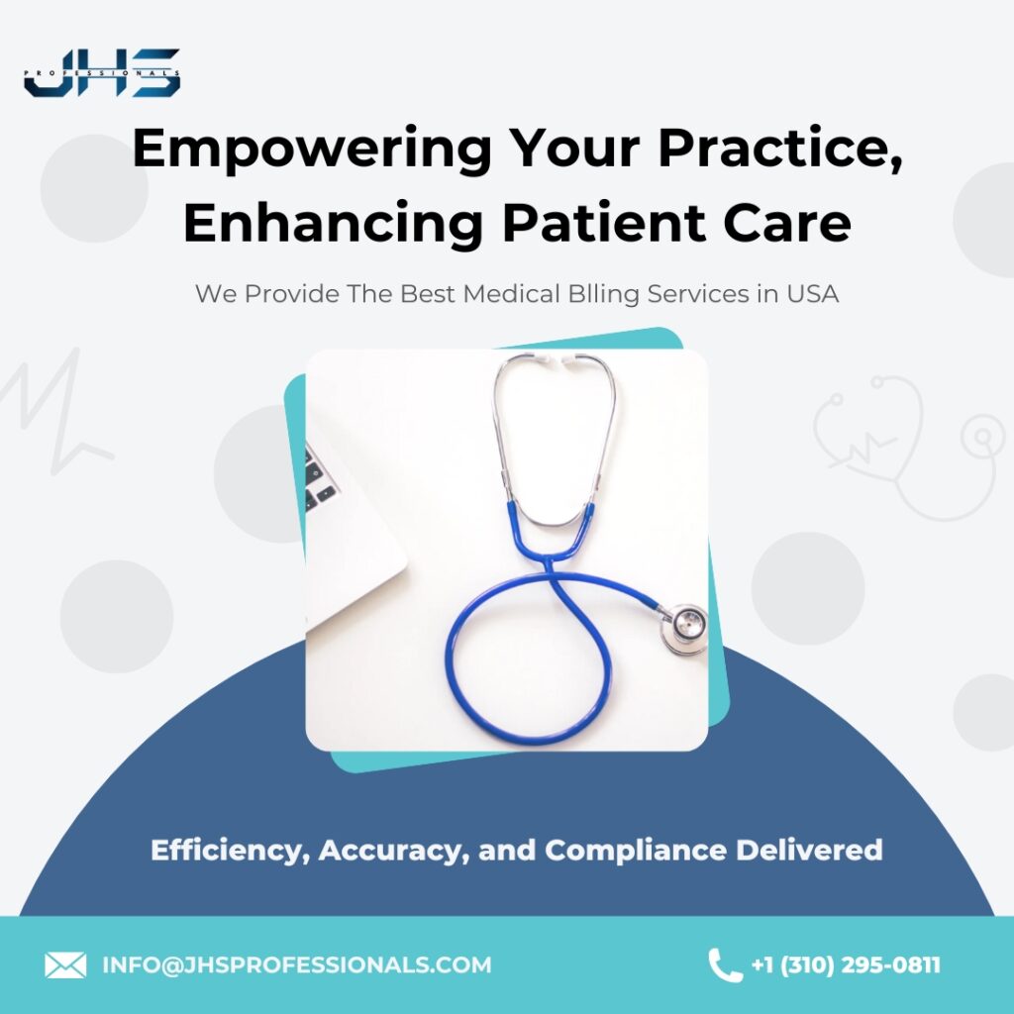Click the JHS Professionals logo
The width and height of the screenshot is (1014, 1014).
tap(102, 72)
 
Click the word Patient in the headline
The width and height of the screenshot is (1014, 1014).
tap(603, 223)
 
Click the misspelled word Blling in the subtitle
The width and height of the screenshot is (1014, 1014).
tap(603, 295)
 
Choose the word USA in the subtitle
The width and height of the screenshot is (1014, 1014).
tap(812, 294)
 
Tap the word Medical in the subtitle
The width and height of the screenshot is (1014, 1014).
tap(511, 294)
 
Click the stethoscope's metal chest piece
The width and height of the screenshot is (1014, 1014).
tap(684, 628)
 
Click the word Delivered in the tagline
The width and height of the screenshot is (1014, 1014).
tap(809, 849)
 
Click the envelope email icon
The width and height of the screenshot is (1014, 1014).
tap(65, 964)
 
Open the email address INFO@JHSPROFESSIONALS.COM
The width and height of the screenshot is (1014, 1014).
tap(297, 964)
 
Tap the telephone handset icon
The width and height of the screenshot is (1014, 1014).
tap(724, 965)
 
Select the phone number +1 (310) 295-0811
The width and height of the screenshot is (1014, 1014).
tap(846, 964)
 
